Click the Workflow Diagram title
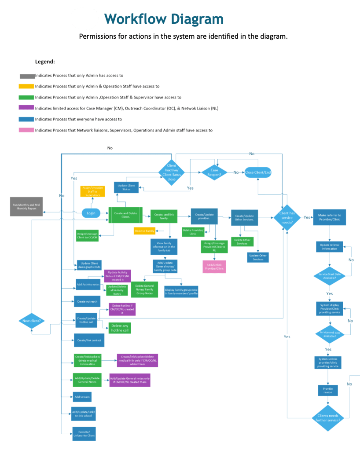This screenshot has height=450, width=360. [x=164, y=19]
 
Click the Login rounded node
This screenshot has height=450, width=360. [x=91, y=213]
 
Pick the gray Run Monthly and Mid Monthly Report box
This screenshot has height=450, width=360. [x=26, y=207]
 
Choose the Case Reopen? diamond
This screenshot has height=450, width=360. [x=215, y=172]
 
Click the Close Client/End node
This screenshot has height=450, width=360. [x=258, y=172]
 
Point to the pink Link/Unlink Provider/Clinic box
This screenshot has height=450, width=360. [x=214, y=267]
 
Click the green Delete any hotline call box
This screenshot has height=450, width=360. [x=120, y=328]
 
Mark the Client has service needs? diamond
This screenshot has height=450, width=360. [x=287, y=217]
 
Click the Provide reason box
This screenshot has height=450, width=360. [x=328, y=390]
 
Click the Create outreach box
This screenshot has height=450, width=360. [x=87, y=301]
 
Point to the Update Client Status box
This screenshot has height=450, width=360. [x=127, y=187]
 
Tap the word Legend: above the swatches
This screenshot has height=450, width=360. [x=45, y=62]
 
